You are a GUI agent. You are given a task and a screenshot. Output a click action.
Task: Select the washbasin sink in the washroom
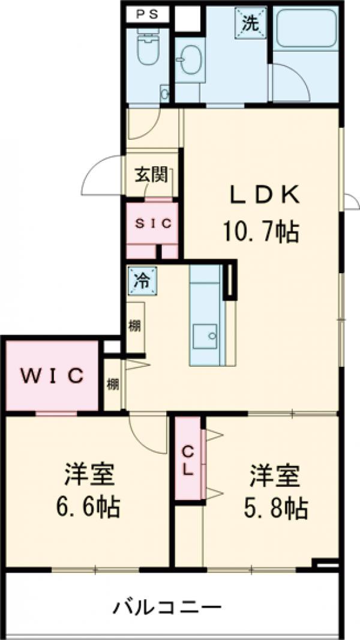click(x=190, y=62)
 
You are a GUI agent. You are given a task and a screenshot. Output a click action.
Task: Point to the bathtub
click(x=304, y=29)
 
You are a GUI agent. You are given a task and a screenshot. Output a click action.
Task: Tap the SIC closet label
click(x=152, y=223)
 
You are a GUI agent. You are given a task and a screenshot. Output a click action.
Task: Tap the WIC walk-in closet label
click(x=52, y=376)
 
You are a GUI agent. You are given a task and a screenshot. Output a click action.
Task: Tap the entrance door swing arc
click(x=102, y=174)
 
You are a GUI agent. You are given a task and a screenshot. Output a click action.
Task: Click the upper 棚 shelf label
click(x=135, y=327)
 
